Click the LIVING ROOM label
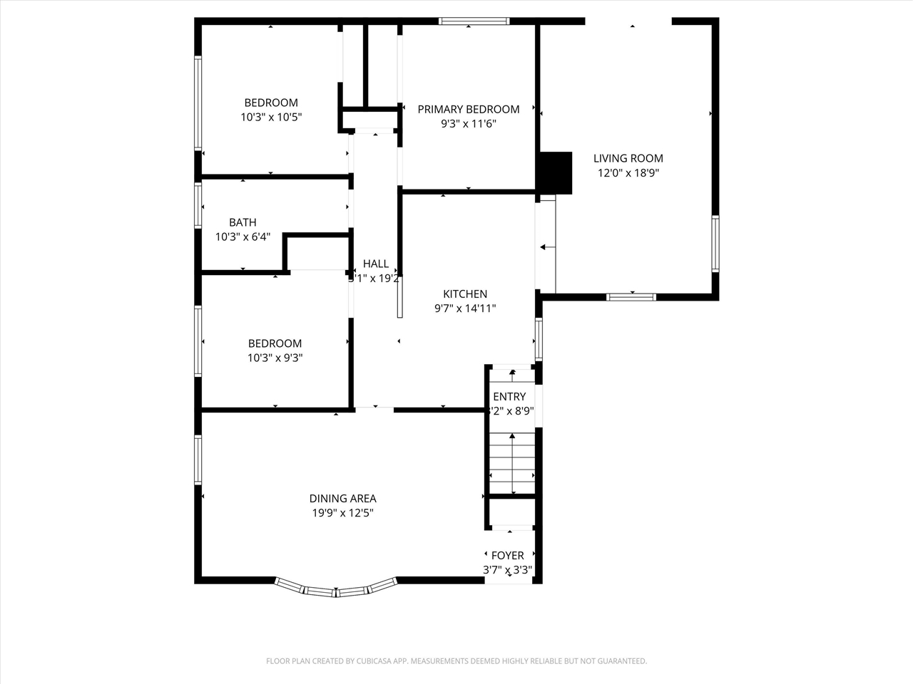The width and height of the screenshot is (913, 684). tap(628, 158)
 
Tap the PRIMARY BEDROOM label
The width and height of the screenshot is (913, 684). tap(468, 109)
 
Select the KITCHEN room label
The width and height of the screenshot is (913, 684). tap(465, 294)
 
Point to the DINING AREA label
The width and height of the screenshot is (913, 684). tap(342, 499)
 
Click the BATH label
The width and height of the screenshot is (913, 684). tap(243, 222)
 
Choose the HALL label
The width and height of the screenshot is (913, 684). tap(375, 264)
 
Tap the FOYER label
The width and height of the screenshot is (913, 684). tap(508, 555)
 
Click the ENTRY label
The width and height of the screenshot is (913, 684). tap(509, 396)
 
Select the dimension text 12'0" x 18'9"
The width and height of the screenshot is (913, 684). tap(628, 172)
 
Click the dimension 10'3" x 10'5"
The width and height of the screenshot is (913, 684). tap(271, 117)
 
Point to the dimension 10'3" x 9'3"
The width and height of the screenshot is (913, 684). tap(275, 358)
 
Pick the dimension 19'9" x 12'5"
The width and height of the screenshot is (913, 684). tap(342, 513)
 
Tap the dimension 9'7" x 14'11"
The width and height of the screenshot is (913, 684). tap(465, 308)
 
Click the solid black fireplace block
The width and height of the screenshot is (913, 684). tap(556, 172)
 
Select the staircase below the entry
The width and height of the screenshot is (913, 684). tap(512, 463)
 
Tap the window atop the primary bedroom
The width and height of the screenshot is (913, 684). tap(474, 21)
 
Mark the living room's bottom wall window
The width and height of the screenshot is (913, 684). tap(631, 296)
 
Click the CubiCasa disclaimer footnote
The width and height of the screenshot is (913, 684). tap(456, 661)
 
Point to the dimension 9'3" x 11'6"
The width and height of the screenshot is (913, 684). tap(468, 123)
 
